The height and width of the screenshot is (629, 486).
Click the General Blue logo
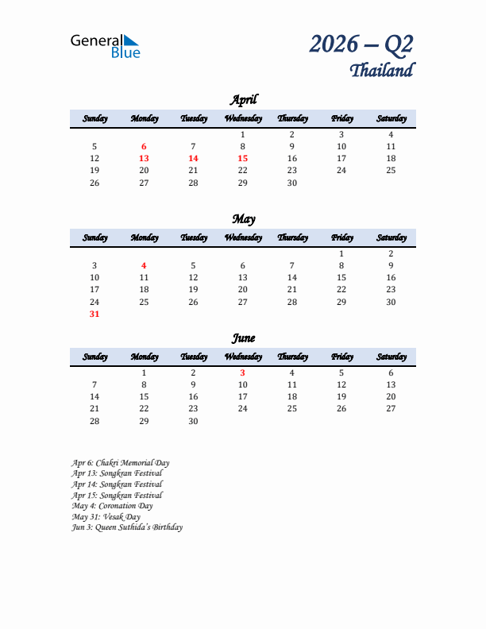[x=105, y=45]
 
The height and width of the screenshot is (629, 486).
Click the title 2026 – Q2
[x=361, y=44]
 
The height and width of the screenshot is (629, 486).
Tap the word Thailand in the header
[x=381, y=71]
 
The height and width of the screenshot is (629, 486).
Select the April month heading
[x=243, y=100]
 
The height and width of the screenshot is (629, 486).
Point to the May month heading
[x=243, y=219]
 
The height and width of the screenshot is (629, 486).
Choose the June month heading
[x=243, y=338]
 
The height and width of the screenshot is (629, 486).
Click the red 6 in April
[x=144, y=146]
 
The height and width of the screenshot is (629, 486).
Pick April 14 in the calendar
[x=193, y=158]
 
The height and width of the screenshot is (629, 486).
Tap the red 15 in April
[x=242, y=158]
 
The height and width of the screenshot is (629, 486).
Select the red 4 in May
[x=144, y=265]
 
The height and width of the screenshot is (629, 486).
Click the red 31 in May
[x=94, y=314]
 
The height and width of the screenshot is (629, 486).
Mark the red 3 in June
[x=242, y=372]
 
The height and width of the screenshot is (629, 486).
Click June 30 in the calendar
[x=193, y=421]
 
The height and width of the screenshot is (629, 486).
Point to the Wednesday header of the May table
[x=243, y=237]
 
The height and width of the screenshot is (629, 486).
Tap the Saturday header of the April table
[x=391, y=118]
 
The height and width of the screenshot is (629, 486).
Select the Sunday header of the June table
[x=94, y=357]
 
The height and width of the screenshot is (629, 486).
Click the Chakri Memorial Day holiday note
[x=120, y=462]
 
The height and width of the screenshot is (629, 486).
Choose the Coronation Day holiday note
[x=112, y=506]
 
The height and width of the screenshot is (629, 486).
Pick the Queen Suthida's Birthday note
[x=127, y=527]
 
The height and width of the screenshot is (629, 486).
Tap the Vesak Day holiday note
[x=106, y=516]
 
